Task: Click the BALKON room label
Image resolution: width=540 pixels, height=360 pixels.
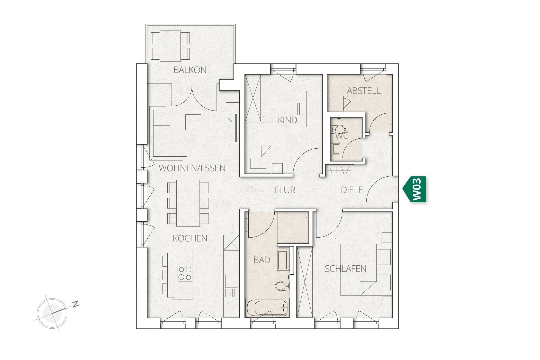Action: [190, 70]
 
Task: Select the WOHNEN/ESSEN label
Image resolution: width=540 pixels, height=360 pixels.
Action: [192, 168]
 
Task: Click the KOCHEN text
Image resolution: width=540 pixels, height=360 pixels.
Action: [190, 238]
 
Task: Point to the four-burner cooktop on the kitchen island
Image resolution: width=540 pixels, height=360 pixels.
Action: [185, 273]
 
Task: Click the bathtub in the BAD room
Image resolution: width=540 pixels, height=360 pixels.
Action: [267, 308]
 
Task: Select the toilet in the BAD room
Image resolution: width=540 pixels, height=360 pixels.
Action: [282, 286]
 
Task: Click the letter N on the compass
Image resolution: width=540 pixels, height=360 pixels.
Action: [76, 304]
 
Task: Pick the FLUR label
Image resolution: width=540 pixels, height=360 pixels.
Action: [285, 190]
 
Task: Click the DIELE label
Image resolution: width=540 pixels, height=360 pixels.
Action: [352, 190]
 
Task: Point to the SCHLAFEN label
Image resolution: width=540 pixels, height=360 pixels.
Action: [345, 269]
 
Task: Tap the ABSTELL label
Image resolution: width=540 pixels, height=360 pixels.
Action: [364, 91]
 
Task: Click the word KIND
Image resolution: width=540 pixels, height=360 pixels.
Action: [287, 120]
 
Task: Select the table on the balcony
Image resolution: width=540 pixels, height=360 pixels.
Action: [170, 46]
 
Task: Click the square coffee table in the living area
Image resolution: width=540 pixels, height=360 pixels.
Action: [193, 122]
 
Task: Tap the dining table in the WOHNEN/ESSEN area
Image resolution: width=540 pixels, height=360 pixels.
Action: [188, 203]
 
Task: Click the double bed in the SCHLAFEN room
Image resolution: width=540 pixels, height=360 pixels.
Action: [359, 270]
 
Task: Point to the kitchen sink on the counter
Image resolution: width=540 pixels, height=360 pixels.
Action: [231, 281]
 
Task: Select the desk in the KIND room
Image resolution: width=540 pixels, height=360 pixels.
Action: [314, 109]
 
